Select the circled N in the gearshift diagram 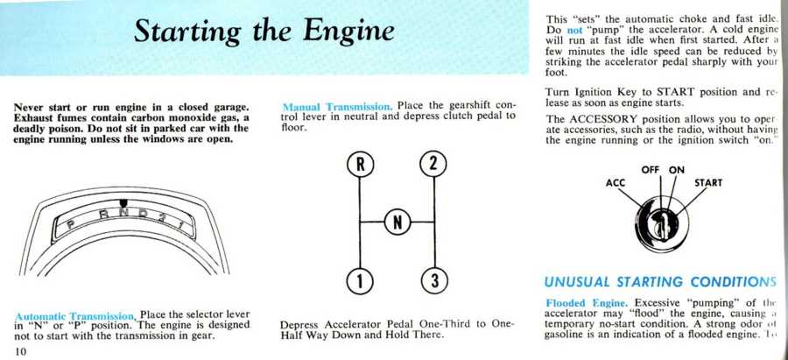pyautogui.click(x=397, y=222)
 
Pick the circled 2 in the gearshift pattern pyautogui.click(x=433, y=164)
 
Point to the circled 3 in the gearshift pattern pyautogui.click(x=433, y=281)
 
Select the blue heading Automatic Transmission pyautogui.click(x=75, y=316)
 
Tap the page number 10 pyautogui.click(x=22, y=351)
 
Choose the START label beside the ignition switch pyautogui.click(x=708, y=183)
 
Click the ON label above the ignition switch pyautogui.click(x=677, y=169)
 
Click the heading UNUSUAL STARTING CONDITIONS pyautogui.click(x=661, y=282)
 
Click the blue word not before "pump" pyautogui.click(x=574, y=29)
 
